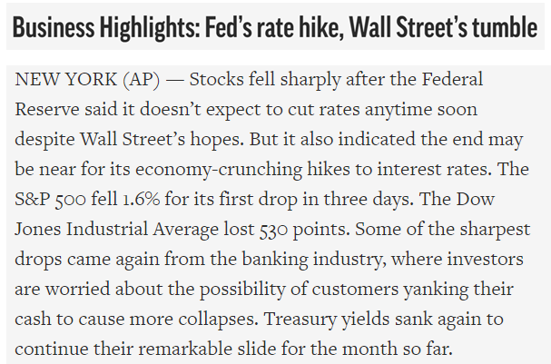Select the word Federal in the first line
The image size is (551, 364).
click(450, 81)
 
